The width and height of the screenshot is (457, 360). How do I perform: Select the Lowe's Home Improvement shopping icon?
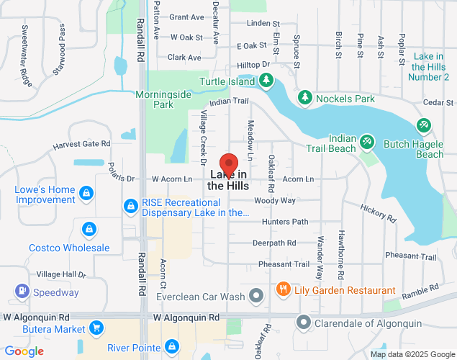click(87, 193)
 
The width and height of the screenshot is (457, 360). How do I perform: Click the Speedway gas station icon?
click(22, 292)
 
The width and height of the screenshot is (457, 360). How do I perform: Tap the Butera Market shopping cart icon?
click(96, 329)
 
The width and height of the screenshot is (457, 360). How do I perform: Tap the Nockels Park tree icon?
click(305, 98)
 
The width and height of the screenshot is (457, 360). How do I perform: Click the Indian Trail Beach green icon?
click(367, 140)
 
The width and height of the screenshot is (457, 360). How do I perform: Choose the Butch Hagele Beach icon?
click(423, 126)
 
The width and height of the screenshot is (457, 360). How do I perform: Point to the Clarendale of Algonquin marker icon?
click(304, 323)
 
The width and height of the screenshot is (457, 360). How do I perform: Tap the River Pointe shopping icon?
click(171, 348)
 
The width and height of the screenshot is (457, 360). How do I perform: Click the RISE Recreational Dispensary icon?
click(131, 207)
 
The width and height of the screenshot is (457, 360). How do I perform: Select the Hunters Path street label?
click(285, 222)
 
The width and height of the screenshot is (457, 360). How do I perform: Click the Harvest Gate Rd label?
click(81, 144)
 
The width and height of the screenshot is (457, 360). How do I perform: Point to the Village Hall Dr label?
click(61, 274)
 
